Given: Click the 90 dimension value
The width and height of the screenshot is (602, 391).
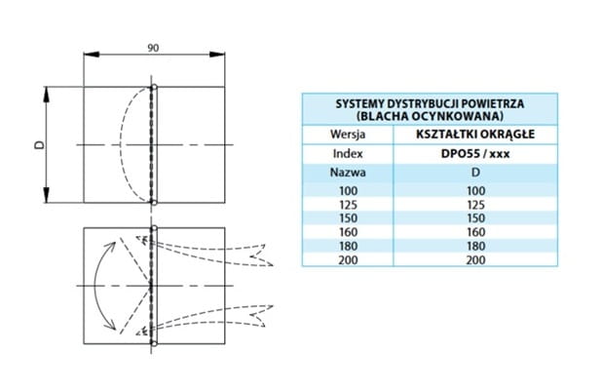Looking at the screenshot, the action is pos(153,48).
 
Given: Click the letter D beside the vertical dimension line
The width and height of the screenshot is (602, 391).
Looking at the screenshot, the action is pos(39,145).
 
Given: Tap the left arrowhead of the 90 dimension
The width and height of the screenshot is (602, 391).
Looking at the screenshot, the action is pos(92,55).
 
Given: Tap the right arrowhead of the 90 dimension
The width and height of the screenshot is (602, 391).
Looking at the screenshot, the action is pos(217,55).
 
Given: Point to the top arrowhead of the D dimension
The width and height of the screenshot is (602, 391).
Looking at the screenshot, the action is pos(47,95).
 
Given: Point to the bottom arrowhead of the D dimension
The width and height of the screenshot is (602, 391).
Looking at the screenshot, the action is pos(47,195).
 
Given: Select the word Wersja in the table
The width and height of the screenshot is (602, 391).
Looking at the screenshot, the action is pos(348,135).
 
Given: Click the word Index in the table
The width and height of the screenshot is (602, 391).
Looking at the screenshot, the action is pos(348,154).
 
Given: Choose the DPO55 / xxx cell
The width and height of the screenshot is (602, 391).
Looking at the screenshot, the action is pos(475,154).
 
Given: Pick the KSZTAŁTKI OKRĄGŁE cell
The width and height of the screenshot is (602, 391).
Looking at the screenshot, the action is pos(475,135).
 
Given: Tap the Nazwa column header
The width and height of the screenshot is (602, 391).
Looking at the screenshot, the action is pos(348,173).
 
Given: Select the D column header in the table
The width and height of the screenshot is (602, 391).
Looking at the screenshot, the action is pos(475,173).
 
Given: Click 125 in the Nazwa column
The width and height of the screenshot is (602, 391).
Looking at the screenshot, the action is pos(348,205).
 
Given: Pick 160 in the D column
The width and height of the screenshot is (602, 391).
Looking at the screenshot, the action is pos(476,232).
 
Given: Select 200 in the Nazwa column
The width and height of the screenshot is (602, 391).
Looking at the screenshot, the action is pos(348,260).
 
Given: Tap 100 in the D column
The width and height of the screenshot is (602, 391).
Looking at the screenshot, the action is pos(476,191).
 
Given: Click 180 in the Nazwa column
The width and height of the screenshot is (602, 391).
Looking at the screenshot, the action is pos(348,246).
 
